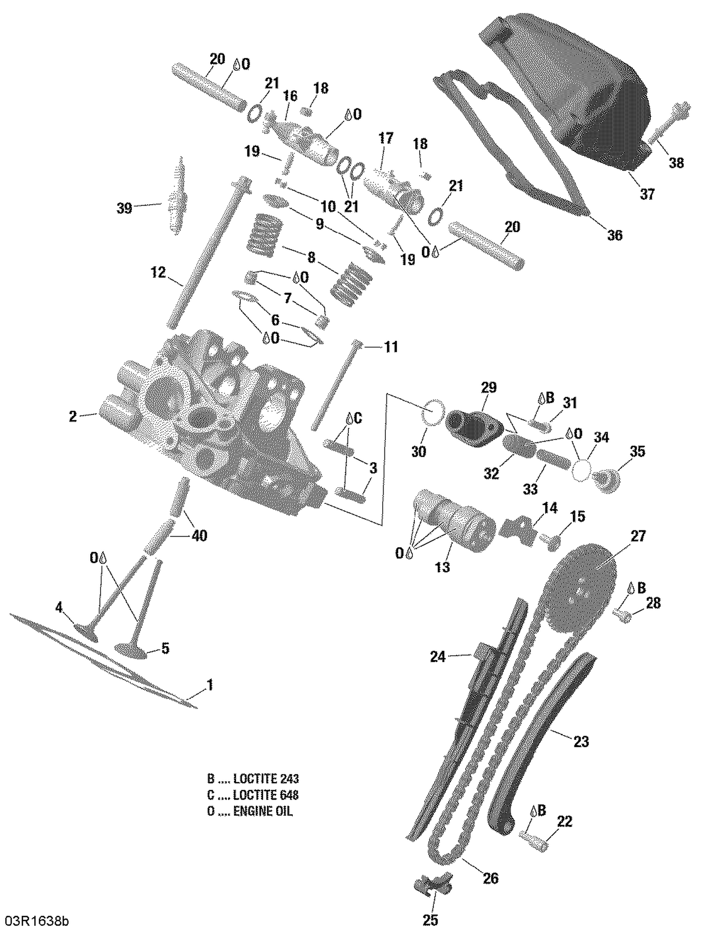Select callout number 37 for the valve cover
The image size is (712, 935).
tap(647, 194)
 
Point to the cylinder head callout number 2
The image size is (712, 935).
tap(73, 416)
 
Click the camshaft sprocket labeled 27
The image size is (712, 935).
tap(579, 589)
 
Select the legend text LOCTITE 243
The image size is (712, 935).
tap(266, 779)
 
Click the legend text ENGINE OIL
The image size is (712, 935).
tap(263, 811)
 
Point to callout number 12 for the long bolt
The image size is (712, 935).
tap(158, 273)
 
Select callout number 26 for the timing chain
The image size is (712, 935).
tap(490, 878)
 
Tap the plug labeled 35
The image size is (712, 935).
tap(607, 481)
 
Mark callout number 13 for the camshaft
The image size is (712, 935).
tap(442, 567)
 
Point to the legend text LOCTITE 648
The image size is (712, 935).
tap(266, 795)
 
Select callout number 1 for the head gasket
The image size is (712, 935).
tap(210, 685)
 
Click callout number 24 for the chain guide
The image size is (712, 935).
tap(438, 657)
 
